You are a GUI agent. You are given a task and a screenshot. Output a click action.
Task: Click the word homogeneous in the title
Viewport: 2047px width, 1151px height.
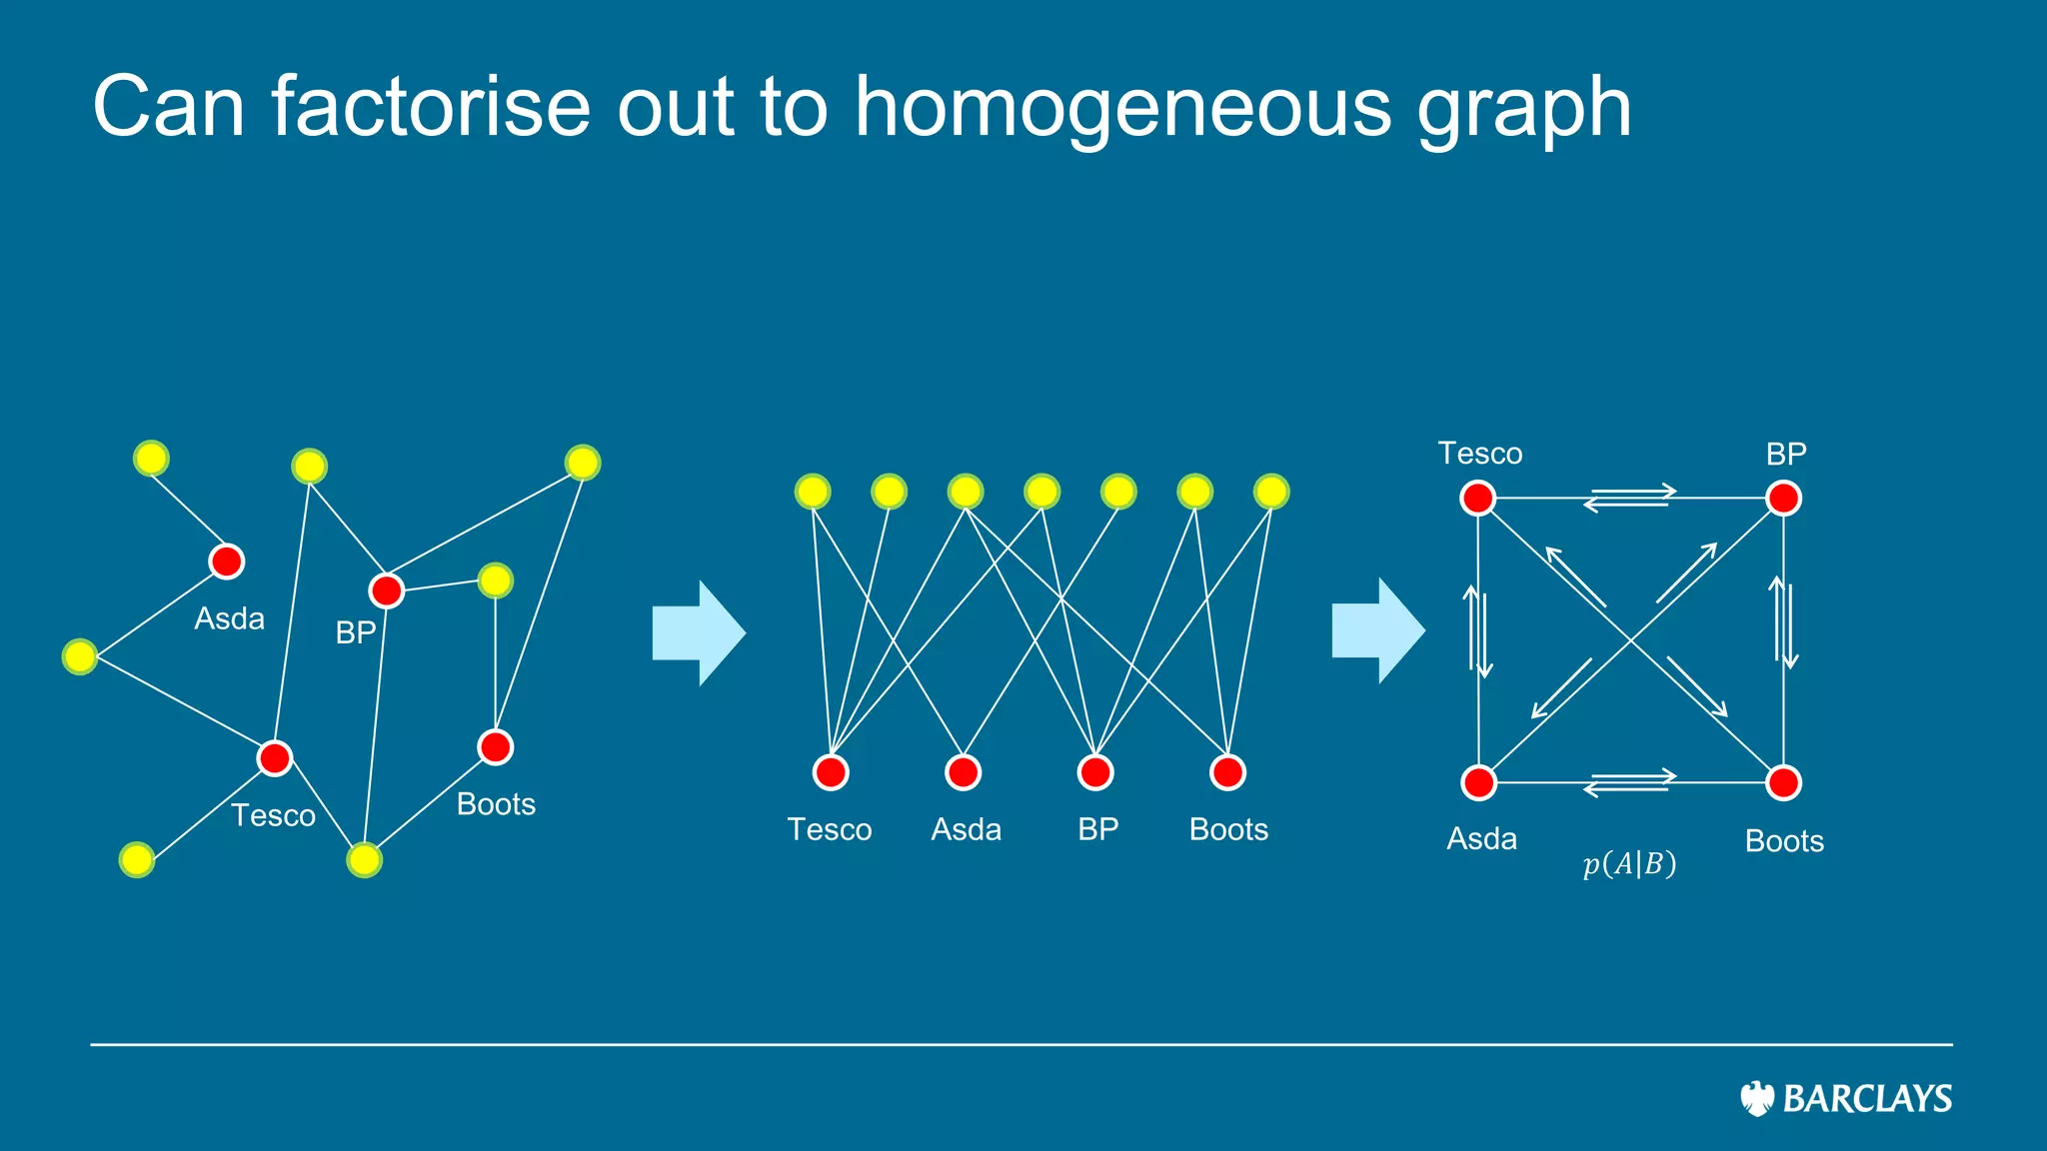(1121, 108)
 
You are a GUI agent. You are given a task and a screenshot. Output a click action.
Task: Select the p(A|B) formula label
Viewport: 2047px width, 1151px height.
(1629, 863)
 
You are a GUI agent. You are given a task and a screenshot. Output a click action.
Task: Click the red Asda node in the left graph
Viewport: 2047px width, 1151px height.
(227, 562)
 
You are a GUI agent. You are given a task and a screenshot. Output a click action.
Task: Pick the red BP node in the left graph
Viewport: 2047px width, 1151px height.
(387, 590)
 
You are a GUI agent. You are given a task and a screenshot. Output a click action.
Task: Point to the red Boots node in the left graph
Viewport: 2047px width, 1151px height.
(496, 746)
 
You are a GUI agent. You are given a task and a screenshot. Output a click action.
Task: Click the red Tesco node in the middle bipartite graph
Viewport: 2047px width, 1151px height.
(831, 772)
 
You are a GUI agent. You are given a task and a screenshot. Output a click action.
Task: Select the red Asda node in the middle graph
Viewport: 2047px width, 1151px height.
(964, 772)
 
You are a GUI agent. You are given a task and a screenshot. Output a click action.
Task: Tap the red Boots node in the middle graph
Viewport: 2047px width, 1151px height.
(1227, 772)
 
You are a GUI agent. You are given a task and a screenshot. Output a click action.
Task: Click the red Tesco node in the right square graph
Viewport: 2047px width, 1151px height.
(1477, 498)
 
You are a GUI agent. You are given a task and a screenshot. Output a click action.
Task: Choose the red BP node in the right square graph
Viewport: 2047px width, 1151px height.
(1784, 498)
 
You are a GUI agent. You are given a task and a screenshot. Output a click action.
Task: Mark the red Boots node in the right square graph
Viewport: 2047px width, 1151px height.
(1784, 782)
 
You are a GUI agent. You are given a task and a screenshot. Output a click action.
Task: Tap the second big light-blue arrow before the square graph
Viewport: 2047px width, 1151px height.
(1378, 630)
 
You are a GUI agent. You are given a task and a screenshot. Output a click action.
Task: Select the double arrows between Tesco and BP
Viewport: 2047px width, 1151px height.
(1630, 497)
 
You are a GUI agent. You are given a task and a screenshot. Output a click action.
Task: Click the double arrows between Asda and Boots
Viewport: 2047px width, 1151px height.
(1630, 782)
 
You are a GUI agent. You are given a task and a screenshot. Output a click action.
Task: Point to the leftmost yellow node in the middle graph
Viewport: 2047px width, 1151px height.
(813, 492)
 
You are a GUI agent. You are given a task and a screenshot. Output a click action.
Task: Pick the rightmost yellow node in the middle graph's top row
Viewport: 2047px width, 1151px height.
(1271, 492)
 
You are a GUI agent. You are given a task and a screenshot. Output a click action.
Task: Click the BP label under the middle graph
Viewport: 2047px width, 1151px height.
(1097, 829)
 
